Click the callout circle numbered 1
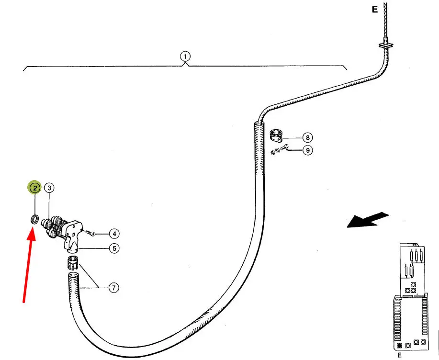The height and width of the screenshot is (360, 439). pyautogui.click(x=185, y=56)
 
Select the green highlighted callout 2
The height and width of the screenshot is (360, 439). pyautogui.click(x=34, y=188)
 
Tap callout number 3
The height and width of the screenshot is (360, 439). pyautogui.click(x=49, y=188)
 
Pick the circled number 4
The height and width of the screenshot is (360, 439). pyautogui.click(x=113, y=234)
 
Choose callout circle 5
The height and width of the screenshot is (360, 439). pyautogui.click(x=113, y=248)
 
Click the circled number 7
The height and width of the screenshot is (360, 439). pyautogui.click(x=113, y=288)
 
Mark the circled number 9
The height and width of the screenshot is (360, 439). pyautogui.click(x=308, y=150)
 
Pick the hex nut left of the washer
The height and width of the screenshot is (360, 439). pyautogui.click(x=272, y=153)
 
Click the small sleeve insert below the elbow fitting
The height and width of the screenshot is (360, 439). pyautogui.click(x=72, y=262)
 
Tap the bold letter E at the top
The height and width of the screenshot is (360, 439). pyautogui.click(x=375, y=9)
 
